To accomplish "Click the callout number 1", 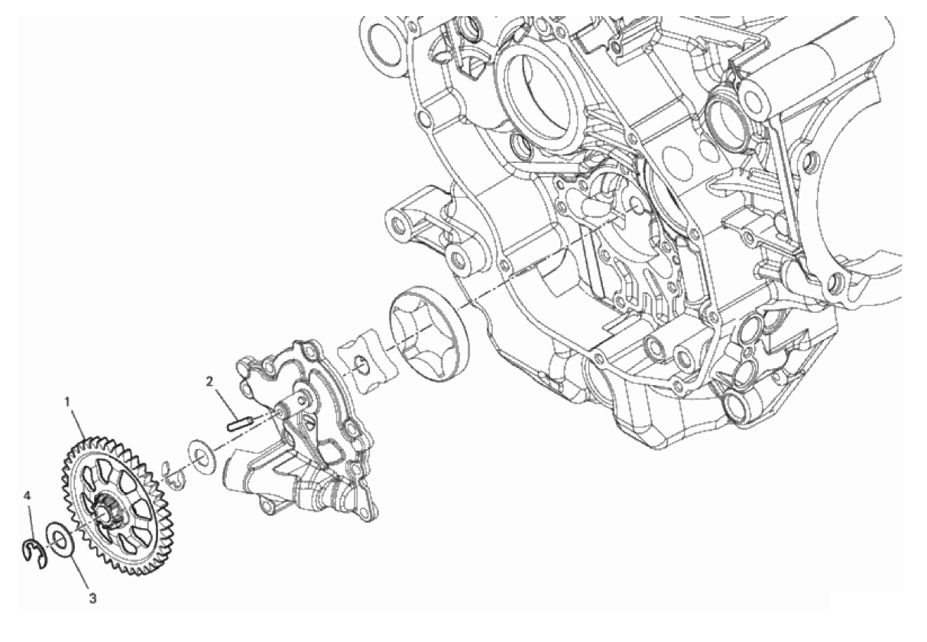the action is click(x=67, y=401).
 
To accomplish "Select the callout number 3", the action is click(x=92, y=598).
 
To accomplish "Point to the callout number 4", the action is click(x=28, y=495).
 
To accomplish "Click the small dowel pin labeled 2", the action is click(x=238, y=425).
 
